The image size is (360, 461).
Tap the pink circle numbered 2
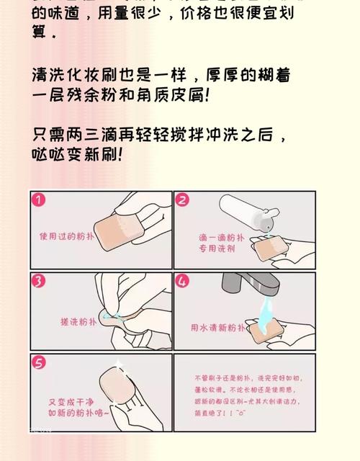183,201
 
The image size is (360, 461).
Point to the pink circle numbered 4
183,281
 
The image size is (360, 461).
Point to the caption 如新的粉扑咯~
78,413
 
